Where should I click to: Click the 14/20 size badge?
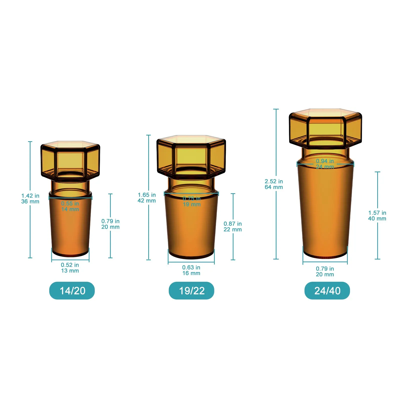tap(72, 290)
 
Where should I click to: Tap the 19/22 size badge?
tap(191, 290)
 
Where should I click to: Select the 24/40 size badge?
tap(327, 290)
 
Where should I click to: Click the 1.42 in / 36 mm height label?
tap(30, 198)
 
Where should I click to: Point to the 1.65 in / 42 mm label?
tap(147, 197)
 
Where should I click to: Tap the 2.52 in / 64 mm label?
tap(274, 184)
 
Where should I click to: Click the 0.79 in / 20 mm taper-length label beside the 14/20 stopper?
tap(110, 224)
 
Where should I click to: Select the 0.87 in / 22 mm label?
tap(233, 226)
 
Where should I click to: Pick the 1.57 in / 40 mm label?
tap(377, 215)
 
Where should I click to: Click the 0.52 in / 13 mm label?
tap(70, 268)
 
